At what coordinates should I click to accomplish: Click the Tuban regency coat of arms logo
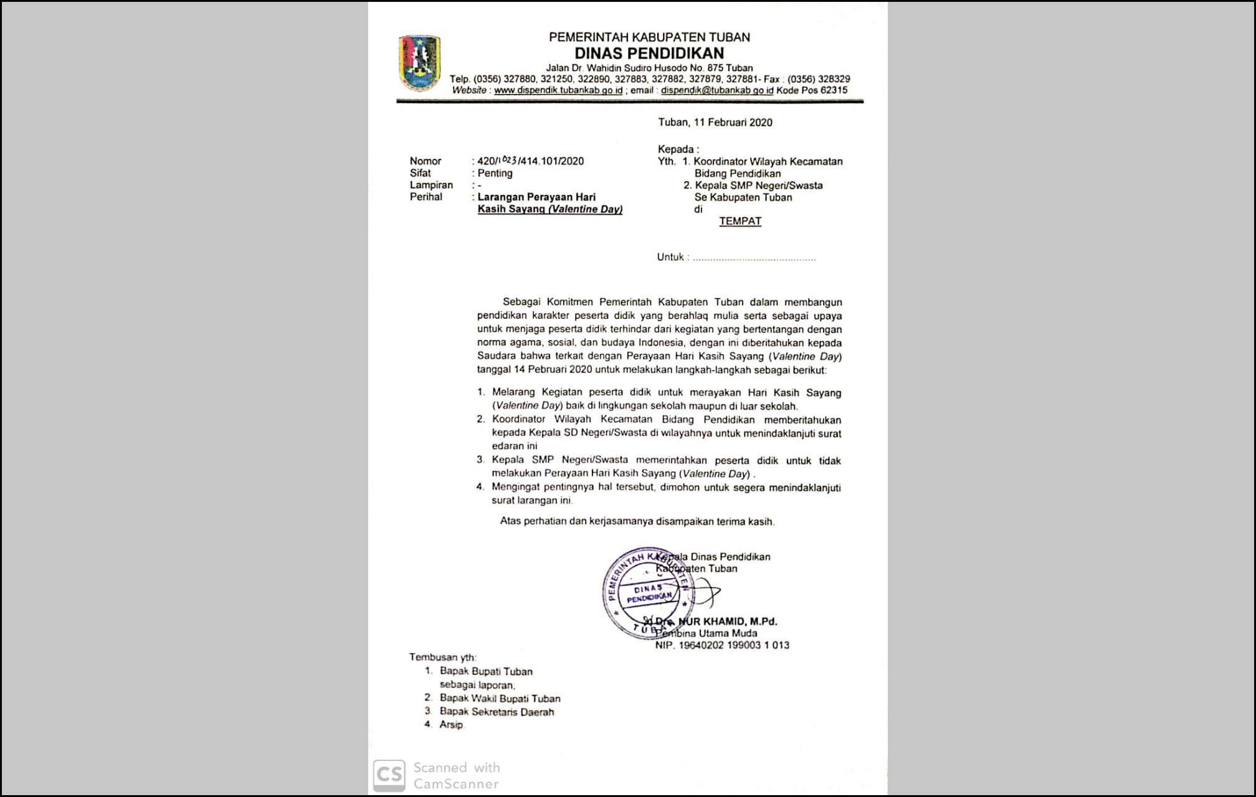(419, 63)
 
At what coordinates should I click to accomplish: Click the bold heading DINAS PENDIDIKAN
(649, 54)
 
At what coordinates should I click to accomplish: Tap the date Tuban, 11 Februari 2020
(715, 123)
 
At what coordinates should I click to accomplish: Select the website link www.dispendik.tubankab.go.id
(558, 90)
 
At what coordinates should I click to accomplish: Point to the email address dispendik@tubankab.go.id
(717, 90)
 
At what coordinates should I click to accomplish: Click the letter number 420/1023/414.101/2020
(531, 161)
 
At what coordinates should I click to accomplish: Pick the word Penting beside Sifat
(495, 173)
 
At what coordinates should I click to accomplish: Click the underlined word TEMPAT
(740, 221)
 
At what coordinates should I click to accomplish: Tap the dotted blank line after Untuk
(754, 258)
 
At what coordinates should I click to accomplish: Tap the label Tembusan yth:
(442, 658)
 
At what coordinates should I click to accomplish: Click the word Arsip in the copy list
(452, 725)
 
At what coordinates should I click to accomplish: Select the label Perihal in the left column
(426, 197)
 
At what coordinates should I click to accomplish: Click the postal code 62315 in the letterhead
(834, 90)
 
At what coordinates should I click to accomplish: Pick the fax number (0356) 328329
(819, 80)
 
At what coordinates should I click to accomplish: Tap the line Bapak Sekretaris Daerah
(497, 712)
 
